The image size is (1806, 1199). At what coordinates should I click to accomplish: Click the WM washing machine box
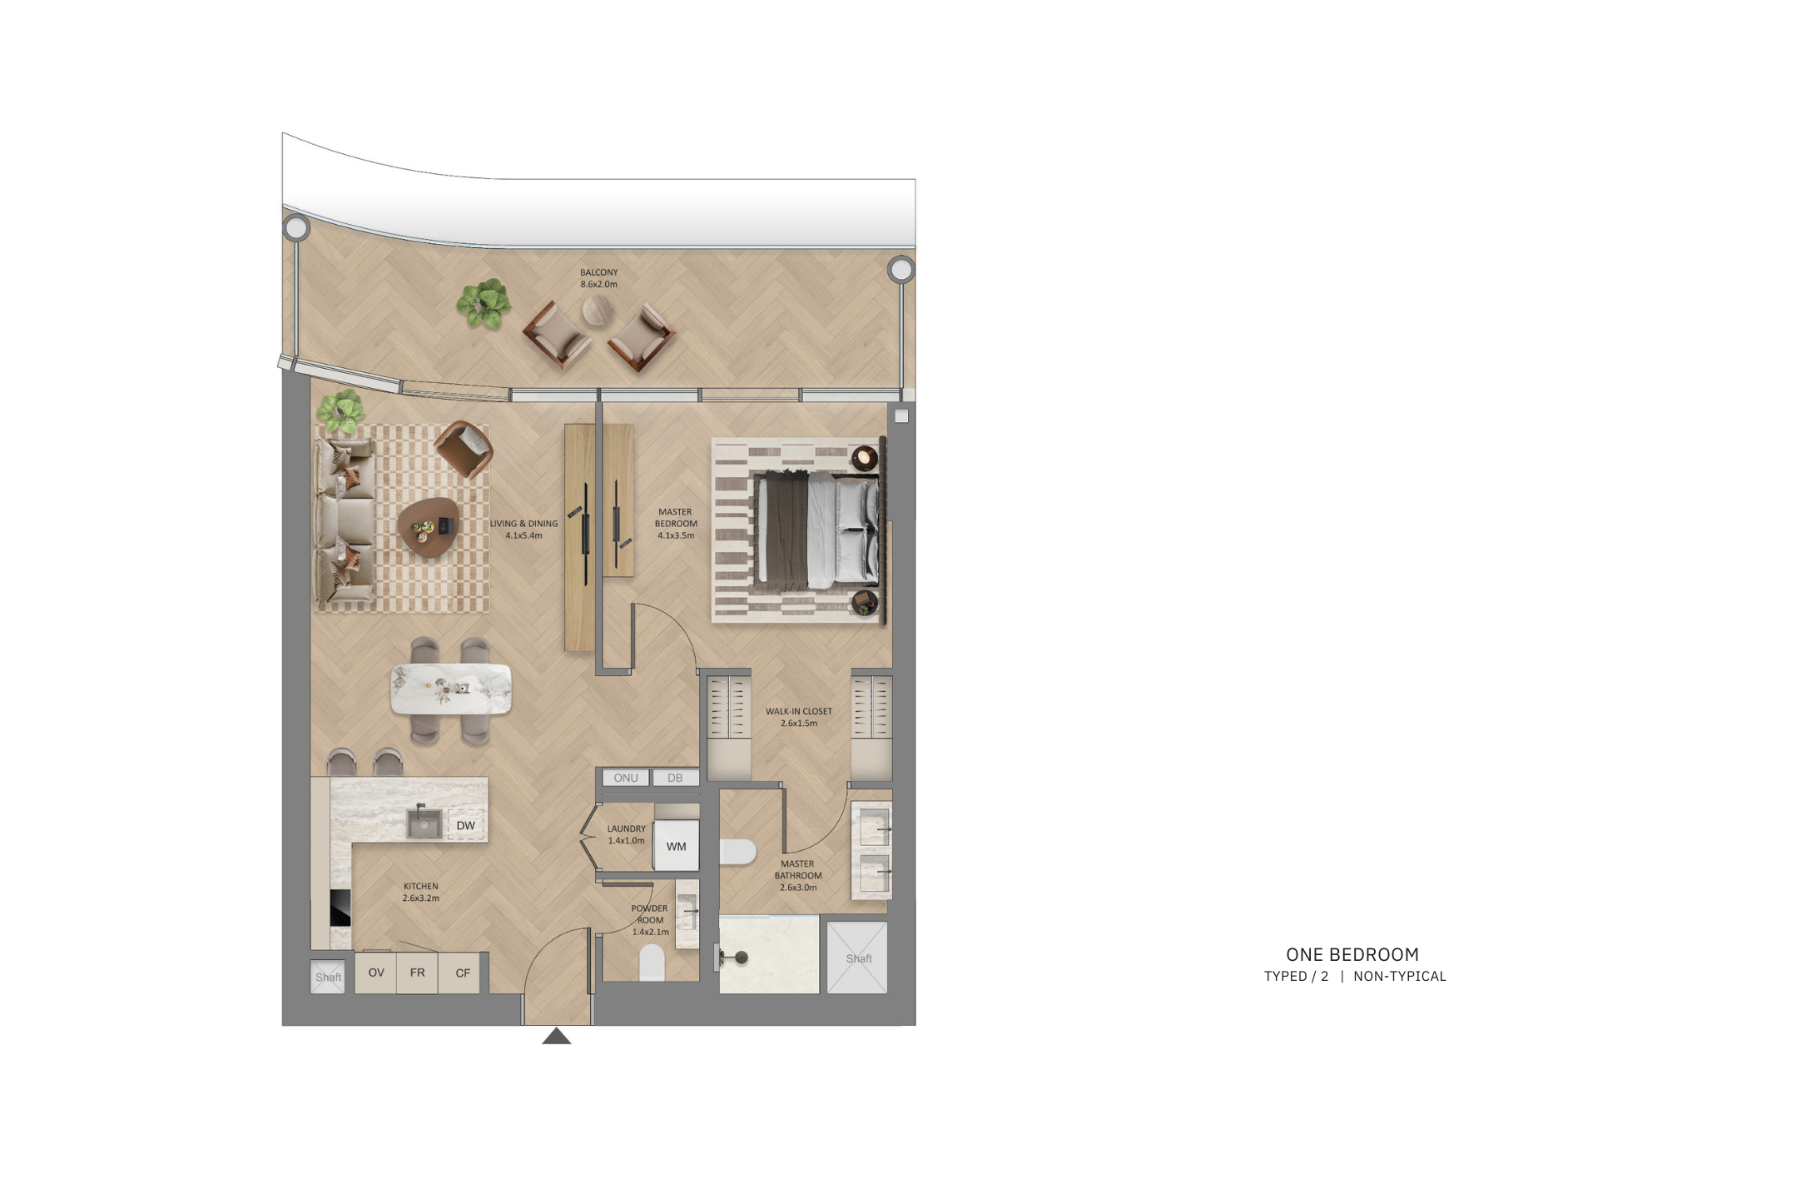tap(676, 846)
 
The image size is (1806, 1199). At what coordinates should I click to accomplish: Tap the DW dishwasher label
tap(466, 826)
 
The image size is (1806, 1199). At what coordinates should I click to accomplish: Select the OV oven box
tap(376, 973)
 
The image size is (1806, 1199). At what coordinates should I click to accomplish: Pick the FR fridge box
tap(418, 973)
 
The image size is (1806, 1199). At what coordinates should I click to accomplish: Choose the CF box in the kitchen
tap(463, 973)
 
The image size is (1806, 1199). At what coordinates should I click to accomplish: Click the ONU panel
tap(626, 778)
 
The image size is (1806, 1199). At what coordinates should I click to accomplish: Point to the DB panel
tap(675, 778)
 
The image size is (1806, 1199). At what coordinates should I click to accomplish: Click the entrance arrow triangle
tap(557, 1036)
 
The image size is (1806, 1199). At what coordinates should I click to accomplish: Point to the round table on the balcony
tap(598, 311)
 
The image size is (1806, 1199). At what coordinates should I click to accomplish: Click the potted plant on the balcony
tap(484, 303)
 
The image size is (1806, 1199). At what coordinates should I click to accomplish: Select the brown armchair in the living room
tap(464, 449)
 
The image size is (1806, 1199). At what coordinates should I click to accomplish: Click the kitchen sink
tap(424, 823)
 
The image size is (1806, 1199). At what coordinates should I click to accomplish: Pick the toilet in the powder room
tap(652, 962)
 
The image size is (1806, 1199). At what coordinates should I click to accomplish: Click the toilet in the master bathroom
tap(737, 851)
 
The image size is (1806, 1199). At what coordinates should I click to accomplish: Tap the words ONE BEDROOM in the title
tap(1352, 954)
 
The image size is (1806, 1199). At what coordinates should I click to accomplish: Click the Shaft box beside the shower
tap(857, 958)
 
